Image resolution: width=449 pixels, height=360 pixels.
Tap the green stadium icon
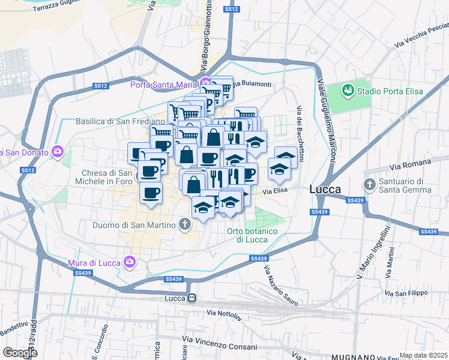pos(348,91)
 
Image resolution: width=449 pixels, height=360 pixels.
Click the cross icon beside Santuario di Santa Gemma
pos(369,184)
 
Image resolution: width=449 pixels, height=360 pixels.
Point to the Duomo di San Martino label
pos(134,226)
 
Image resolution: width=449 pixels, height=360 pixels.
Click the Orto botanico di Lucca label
pos(252,235)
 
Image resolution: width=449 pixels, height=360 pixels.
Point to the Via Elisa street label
pos(276,191)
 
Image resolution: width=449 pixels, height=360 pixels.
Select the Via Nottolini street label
pos(223,313)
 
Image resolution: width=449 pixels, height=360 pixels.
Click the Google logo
pos(20,353)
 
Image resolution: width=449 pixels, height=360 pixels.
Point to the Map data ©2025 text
pos(424,355)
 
